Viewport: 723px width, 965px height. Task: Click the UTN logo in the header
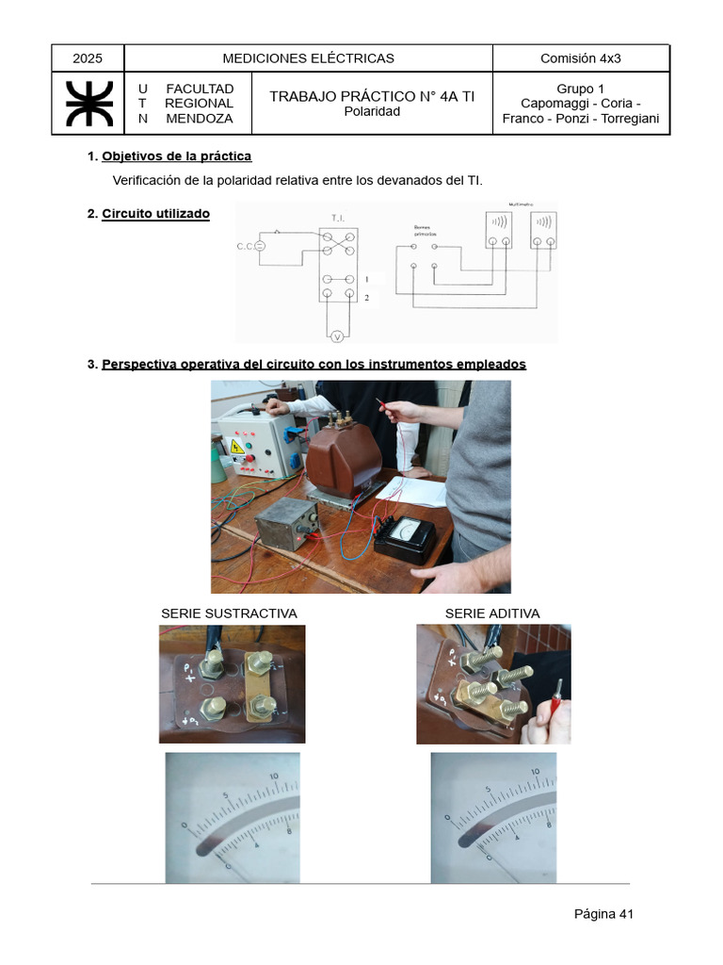click(x=88, y=104)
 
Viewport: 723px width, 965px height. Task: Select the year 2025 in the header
click(x=87, y=58)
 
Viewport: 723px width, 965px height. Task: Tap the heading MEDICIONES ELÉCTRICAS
click(x=308, y=58)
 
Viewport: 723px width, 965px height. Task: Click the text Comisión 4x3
click(x=580, y=58)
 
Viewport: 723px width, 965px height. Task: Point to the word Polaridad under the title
click(x=372, y=111)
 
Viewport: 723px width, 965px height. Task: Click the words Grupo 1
click(x=580, y=89)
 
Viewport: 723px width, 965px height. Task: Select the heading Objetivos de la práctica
click(x=176, y=156)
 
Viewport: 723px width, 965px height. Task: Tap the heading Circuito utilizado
click(x=155, y=214)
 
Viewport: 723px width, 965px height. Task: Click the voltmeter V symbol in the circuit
click(x=337, y=335)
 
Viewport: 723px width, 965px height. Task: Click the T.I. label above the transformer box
click(x=338, y=219)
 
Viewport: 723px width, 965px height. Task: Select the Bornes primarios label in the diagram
click(x=426, y=231)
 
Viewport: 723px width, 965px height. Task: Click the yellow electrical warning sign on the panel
click(x=237, y=446)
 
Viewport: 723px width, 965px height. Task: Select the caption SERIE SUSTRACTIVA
click(x=229, y=613)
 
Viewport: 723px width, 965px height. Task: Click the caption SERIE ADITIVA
click(x=492, y=613)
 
